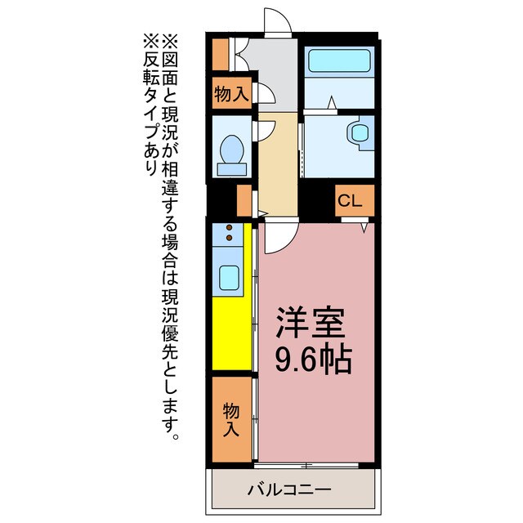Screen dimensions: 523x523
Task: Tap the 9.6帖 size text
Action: (314, 359)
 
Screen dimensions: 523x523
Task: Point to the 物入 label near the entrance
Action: (231, 93)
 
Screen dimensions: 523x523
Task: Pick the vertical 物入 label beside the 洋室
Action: (231, 419)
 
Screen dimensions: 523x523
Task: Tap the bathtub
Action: (338, 61)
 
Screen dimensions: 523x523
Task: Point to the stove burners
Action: (230, 233)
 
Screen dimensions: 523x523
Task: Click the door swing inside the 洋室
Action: (275, 237)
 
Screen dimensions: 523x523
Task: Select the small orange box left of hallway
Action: (244, 199)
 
